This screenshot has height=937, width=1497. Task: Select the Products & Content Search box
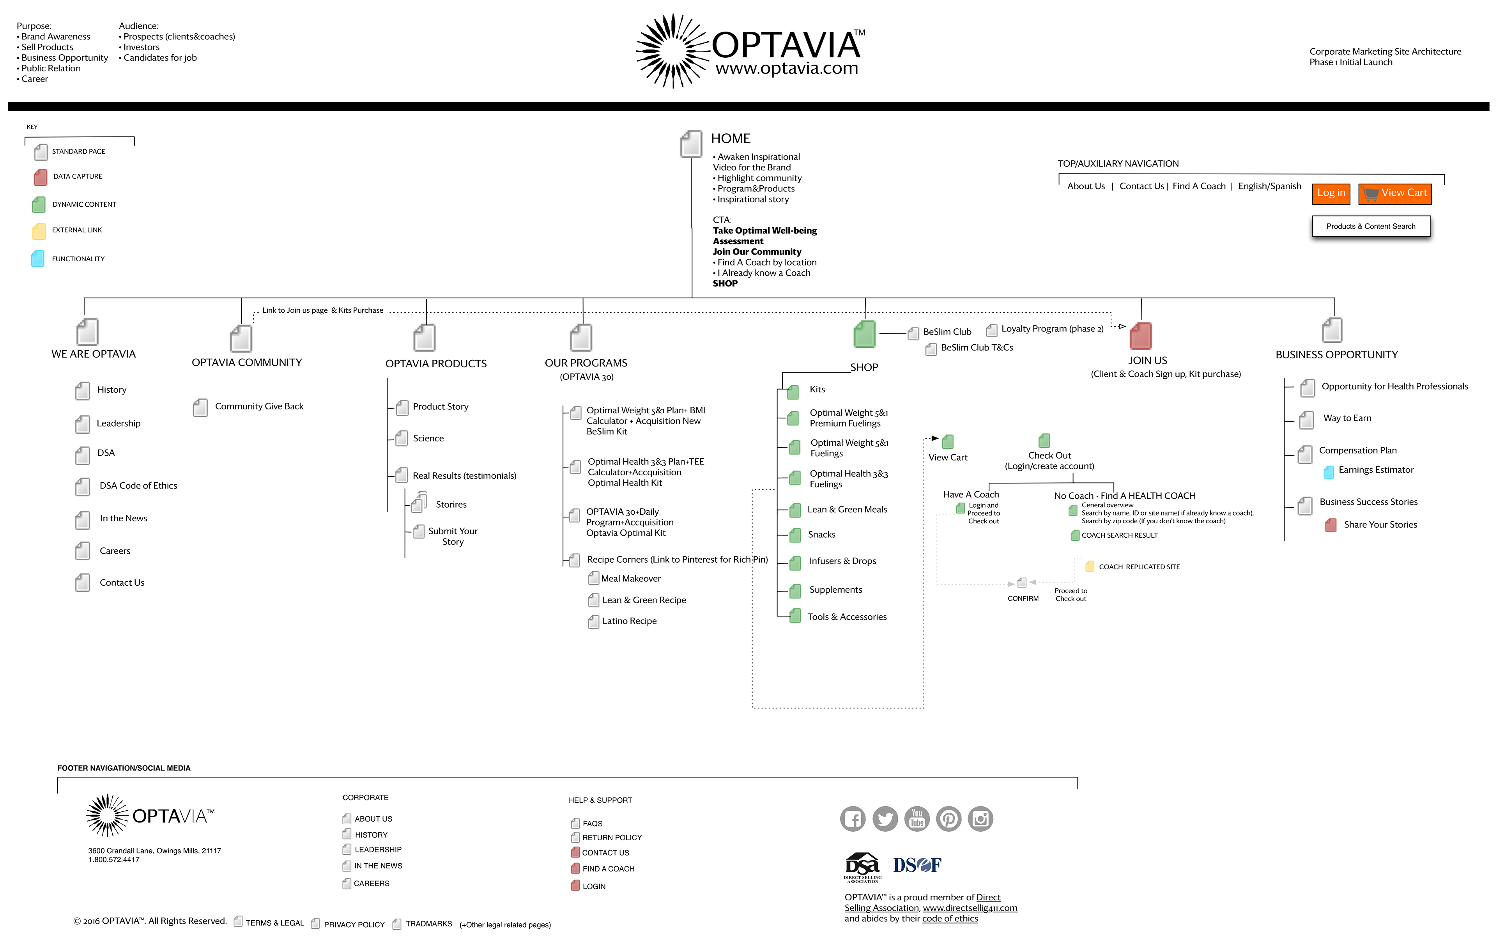coord(1371,226)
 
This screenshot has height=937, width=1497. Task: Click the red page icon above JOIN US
coord(1140,336)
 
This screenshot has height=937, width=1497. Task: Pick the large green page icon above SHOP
coord(864,335)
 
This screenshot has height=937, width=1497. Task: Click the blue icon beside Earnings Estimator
coord(1329,471)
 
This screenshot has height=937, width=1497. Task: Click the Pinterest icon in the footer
coord(948,818)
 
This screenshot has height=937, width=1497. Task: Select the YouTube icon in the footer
coord(917,818)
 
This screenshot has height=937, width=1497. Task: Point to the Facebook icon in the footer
coord(853,818)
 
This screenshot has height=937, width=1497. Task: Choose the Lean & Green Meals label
coord(847,509)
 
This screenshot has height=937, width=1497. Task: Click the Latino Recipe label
coord(629,621)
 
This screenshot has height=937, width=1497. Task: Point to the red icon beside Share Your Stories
coord(1330,526)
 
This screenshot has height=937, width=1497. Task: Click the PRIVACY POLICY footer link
coord(354,925)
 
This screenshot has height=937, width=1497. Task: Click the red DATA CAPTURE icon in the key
coord(40,177)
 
